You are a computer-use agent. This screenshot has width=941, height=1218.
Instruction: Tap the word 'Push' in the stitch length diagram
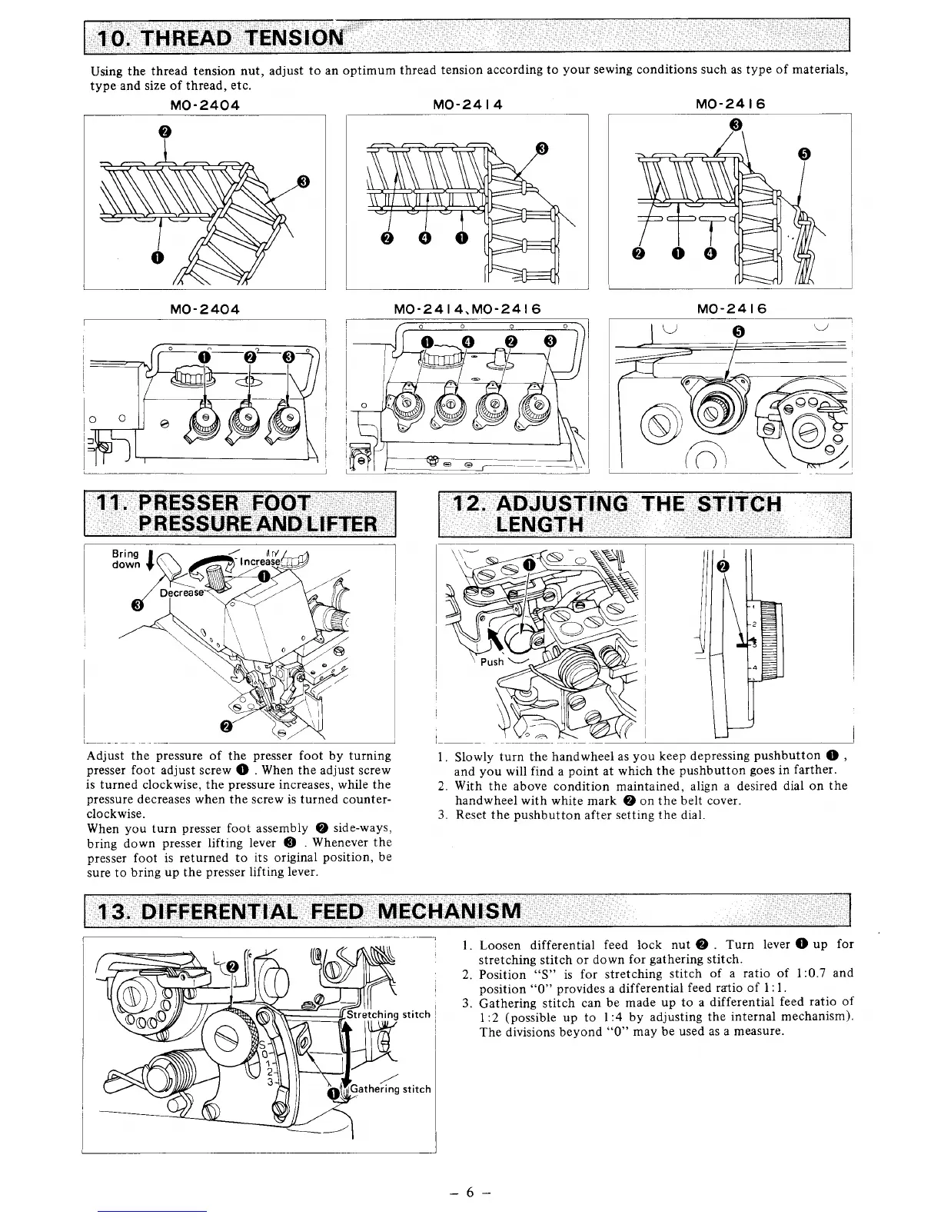click(x=492, y=661)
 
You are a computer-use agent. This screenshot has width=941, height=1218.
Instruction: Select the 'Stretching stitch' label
click(x=389, y=1014)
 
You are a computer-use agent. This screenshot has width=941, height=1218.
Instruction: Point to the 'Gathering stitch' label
click(x=391, y=1089)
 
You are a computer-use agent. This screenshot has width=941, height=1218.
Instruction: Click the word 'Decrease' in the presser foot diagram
click(x=181, y=593)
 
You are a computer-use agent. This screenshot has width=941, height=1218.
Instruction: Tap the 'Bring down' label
click(x=126, y=559)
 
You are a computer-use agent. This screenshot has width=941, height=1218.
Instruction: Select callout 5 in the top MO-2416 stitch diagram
click(x=804, y=154)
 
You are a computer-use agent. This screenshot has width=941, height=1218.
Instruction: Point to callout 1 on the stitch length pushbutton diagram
click(x=528, y=565)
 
